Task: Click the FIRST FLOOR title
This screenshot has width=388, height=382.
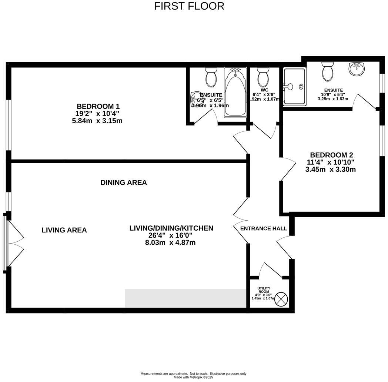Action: pyautogui.click(x=189, y=6)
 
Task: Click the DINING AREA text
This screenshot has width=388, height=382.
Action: pyautogui.click(x=124, y=182)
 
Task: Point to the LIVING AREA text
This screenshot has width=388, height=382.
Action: pyautogui.click(x=64, y=230)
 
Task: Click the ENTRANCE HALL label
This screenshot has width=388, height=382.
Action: pyautogui.click(x=264, y=228)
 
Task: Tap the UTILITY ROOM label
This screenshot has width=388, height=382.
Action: pyautogui.click(x=264, y=290)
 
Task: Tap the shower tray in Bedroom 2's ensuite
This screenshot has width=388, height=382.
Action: pyautogui.click(x=294, y=87)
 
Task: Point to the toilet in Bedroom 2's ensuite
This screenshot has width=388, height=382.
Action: pyautogui.click(x=328, y=71)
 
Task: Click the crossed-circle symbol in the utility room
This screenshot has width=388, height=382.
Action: pyautogui.click(x=281, y=299)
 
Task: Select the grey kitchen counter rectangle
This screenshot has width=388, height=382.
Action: pyautogui.click(x=186, y=298)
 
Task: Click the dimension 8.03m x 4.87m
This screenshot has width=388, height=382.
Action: pyautogui.click(x=171, y=243)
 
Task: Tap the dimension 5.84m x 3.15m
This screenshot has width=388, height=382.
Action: pyautogui.click(x=97, y=121)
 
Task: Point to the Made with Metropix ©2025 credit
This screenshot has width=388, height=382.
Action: pyautogui.click(x=193, y=377)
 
